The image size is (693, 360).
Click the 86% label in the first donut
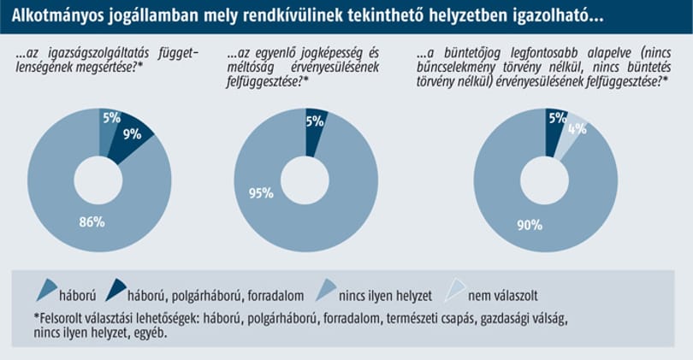click(x=92, y=221)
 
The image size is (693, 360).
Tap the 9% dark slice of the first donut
click(x=129, y=136)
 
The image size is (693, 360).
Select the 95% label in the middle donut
click(x=261, y=193)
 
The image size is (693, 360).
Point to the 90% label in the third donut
click(x=530, y=225)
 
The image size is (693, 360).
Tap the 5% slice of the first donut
click(x=109, y=127)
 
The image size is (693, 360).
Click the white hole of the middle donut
click(x=305, y=180)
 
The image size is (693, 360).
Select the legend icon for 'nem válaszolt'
click(x=455, y=289)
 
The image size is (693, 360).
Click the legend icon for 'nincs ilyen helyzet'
click(x=326, y=289)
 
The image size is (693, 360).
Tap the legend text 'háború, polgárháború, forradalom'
click(x=216, y=296)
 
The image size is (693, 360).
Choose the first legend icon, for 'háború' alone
click(x=47, y=289)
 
